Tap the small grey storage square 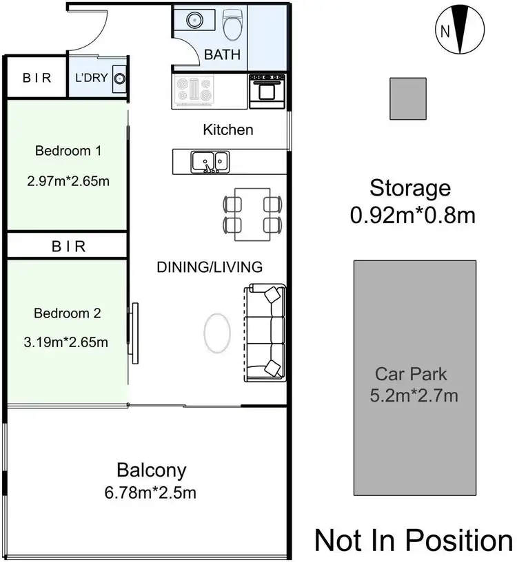pyautogui.click(x=409, y=98)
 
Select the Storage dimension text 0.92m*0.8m pyautogui.click(x=412, y=216)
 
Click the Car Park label pyautogui.click(x=411, y=375)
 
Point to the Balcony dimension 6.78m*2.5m pyautogui.click(x=151, y=493)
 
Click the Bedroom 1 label pyautogui.click(x=68, y=151)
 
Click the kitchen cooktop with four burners pyautogui.click(x=196, y=90)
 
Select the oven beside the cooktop pyautogui.click(x=267, y=91)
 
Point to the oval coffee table pyautogui.click(x=217, y=334)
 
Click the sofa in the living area pyautogui.click(x=265, y=332)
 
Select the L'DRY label pyautogui.click(x=91, y=78)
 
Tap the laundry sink pyautogui.click(x=119, y=78)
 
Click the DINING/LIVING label pyautogui.click(x=209, y=267)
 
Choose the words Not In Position pyautogui.click(x=414, y=540)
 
